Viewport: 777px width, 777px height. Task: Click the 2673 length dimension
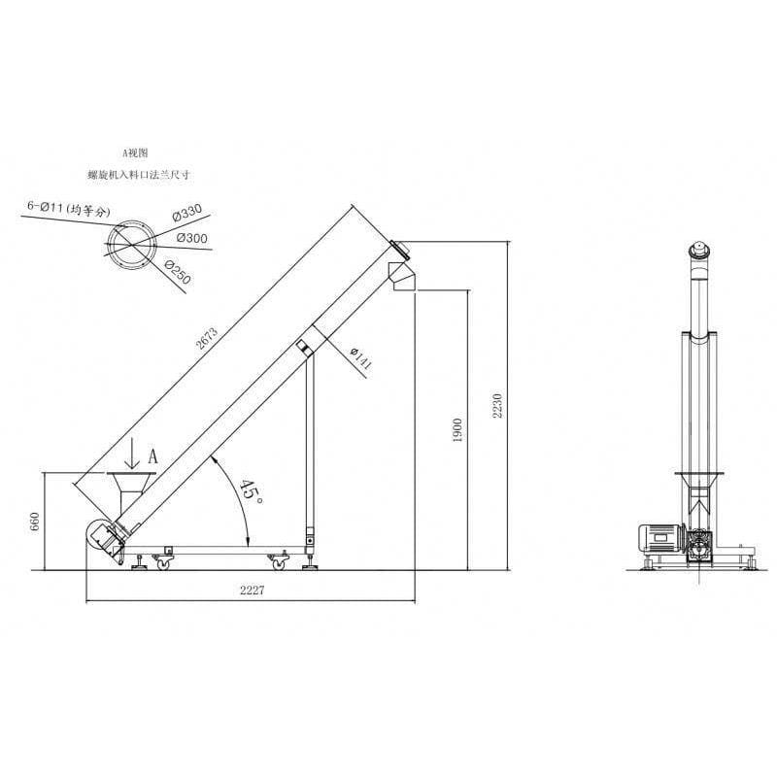(x=207, y=338)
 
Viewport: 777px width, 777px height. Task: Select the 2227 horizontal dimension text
(x=253, y=590)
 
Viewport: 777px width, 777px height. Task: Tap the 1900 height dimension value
(x=457, y=430)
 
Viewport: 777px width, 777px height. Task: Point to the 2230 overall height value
(x=497, y=406)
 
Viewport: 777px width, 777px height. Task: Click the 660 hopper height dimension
(x=35, y=522)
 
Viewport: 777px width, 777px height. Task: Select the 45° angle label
(x=251, y=491)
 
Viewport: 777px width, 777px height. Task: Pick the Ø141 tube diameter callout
(x=360, y=358)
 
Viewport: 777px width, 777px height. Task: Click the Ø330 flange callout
(x=186, y=213)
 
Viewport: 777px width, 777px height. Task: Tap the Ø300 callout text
(x=191, y=238)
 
